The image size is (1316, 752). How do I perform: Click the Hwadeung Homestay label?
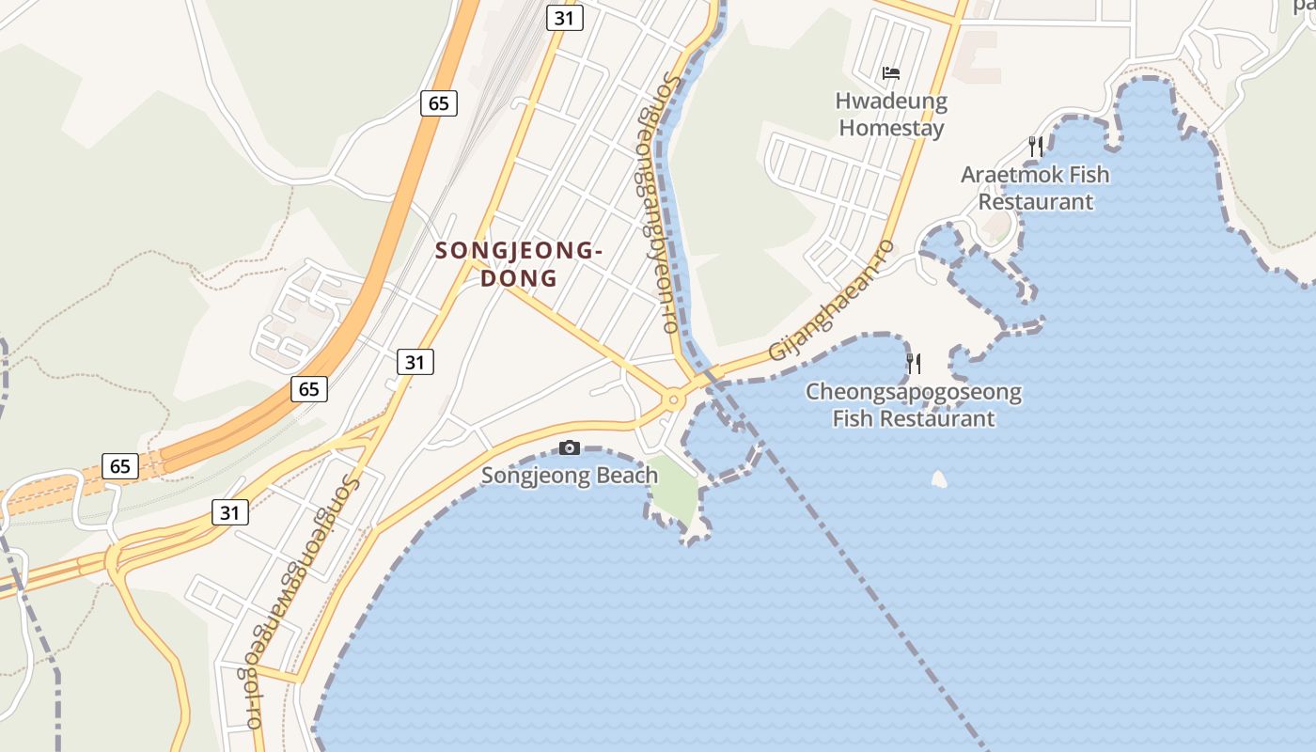click(x=891, y=114)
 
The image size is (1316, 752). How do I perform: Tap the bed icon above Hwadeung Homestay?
click(x=891, y=72)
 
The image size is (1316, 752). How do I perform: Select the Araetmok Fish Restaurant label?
click(x=1035, y=188)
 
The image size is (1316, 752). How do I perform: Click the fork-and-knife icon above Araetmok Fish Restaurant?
click(x=1036, y=147)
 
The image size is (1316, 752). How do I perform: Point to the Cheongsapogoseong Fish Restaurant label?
click(x=914, y=405)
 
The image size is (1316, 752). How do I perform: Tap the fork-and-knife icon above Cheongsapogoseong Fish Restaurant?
click(x=914, y=363)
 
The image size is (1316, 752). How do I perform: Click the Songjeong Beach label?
click(x=570, y=475)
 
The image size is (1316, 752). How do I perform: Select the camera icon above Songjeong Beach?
click(x=570, y=447)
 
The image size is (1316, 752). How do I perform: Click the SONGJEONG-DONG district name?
click(x=519, y=264)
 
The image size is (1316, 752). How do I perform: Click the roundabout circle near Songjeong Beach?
click(x=673, y=400)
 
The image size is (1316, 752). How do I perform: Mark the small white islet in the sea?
click(x=939, y=479)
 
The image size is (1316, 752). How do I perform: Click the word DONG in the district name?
click(x=519, y=278)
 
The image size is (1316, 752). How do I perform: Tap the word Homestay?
click(x=891, y=128)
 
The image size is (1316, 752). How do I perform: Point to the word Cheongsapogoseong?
click(x=914, y=392)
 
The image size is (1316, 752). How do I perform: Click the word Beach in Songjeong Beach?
click(x=624, y=475)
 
